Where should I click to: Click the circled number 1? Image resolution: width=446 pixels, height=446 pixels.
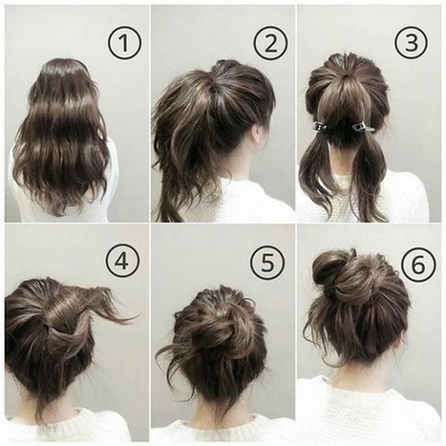tap(124, 43)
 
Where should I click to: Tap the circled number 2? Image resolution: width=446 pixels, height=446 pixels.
tap(270, 43)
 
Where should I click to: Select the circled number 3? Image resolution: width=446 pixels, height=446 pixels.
tap(412, 43)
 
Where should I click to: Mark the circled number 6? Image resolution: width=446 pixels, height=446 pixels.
tap(418, 265)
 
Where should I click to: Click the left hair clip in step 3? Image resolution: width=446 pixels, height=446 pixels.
tap(321, 126)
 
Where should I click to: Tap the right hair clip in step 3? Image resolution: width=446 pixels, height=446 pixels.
tap(363, 127)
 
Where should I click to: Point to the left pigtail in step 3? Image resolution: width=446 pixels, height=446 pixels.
tap(317, 172)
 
